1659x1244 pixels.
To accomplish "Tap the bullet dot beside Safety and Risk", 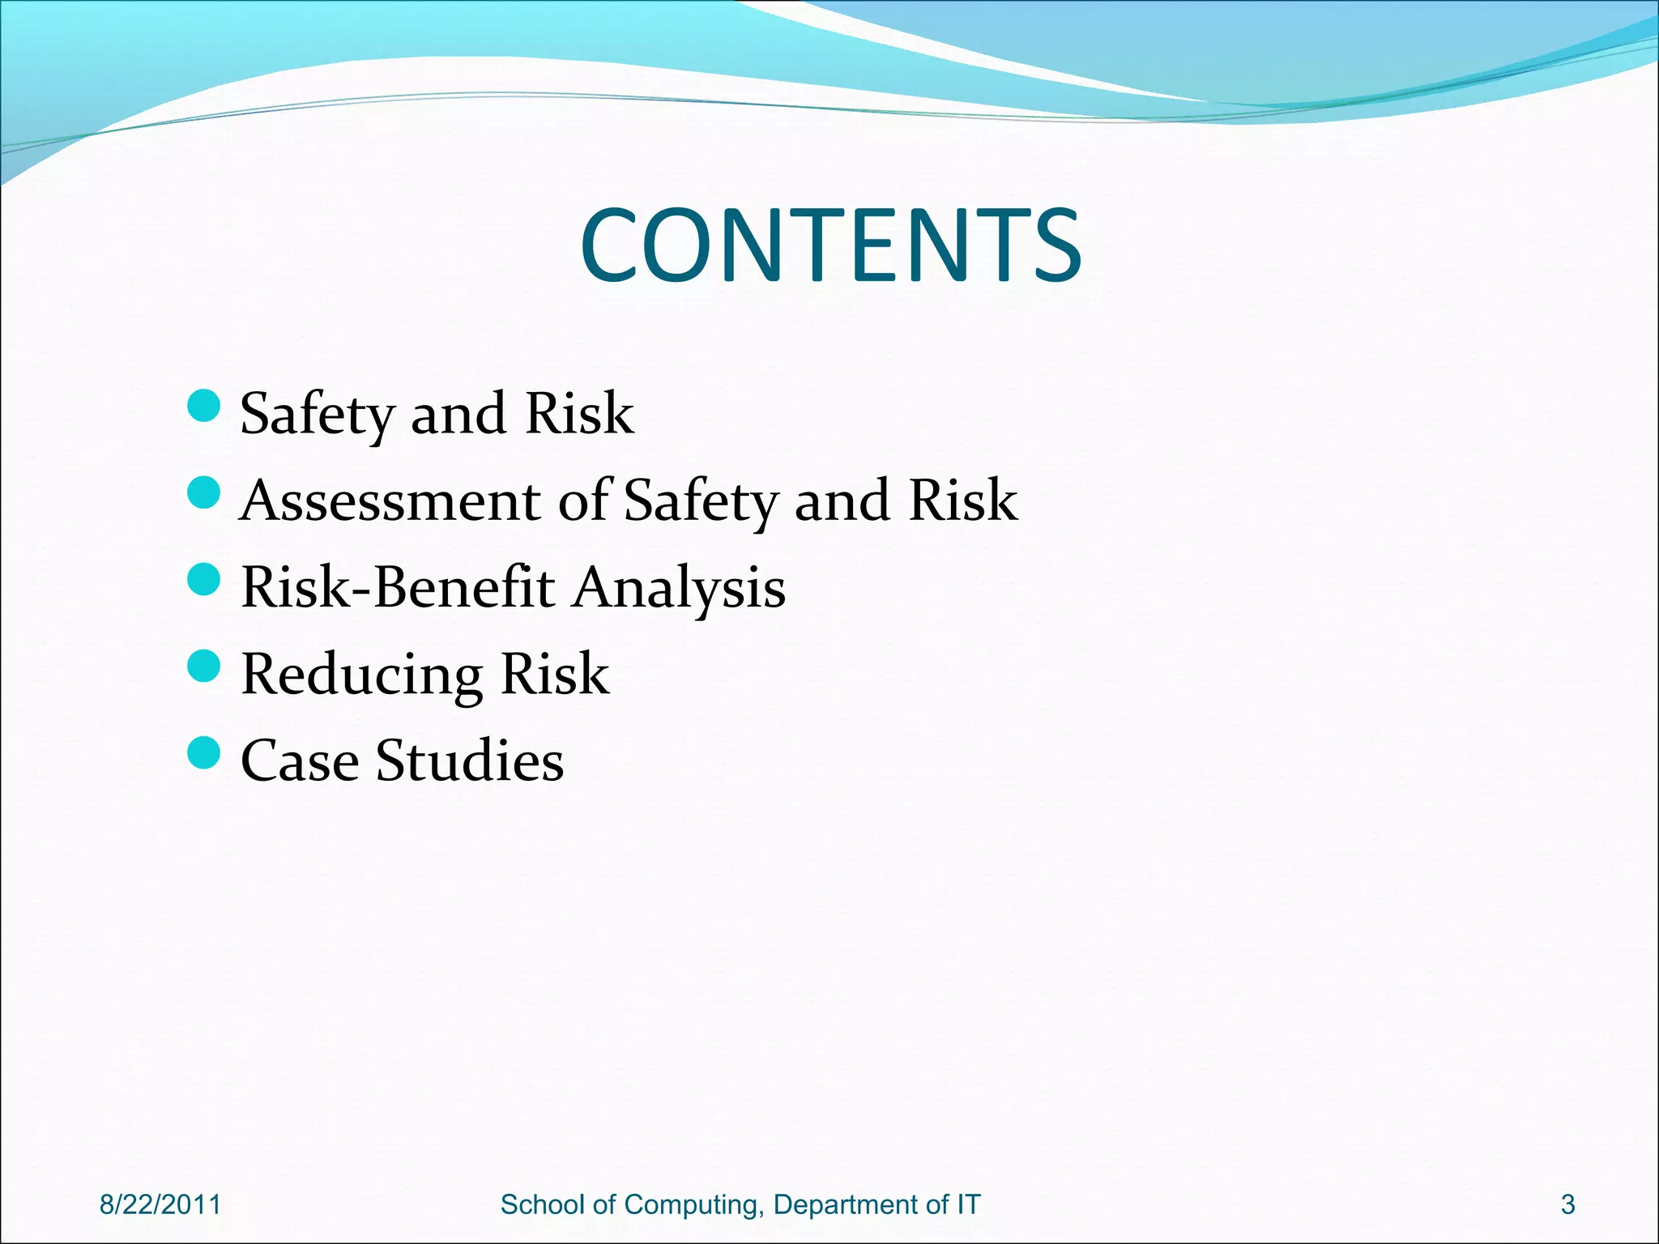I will [203, 406].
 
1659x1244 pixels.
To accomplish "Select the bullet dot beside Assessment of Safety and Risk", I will [203, 492].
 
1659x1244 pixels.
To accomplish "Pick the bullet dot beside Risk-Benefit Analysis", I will [203, 580].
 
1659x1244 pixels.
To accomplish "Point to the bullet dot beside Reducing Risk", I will [203, 667].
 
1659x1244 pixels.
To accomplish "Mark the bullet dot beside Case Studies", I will [203, 753].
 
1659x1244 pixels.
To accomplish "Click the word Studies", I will [470, 760].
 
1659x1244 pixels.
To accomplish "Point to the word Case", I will [300, 760].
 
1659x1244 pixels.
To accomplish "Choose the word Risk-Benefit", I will [398, 587].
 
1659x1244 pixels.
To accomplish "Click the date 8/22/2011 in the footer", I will [160, 1204].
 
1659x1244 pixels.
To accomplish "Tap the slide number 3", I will [1567, 1204].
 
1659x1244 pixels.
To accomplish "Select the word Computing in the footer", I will [693, 1204].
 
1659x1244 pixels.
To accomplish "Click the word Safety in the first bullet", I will [315, 414].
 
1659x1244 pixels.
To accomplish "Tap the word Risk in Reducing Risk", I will [555, 674].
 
